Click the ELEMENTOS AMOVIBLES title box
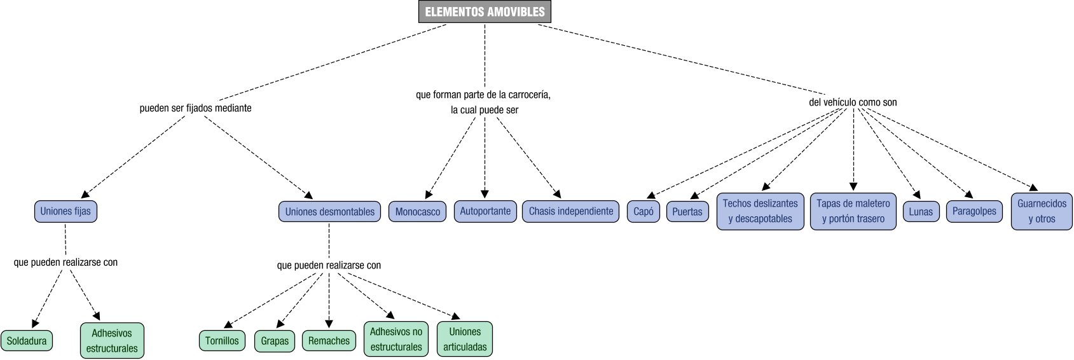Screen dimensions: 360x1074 point(485,12)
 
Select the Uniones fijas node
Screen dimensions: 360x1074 point(65,211)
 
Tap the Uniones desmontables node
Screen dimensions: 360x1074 point(329,211)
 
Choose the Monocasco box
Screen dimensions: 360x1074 point(417,212)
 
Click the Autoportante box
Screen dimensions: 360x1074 point(485,211)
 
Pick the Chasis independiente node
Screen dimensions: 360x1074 point(570,211)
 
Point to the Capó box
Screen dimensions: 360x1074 point(644,212)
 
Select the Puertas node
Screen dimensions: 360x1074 point(687,212)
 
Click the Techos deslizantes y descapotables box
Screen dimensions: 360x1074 point(760,211)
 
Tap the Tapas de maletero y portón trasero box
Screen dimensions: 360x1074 point(853,211)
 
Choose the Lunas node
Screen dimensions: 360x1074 point(920,212)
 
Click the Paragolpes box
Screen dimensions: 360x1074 point(974,211)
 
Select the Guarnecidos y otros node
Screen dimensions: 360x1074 point(1041,211)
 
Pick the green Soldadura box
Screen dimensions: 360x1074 point(27,340)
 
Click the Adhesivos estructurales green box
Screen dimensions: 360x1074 point(112,340)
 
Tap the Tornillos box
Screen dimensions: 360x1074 point(222,340)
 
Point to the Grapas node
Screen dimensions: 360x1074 point(275,340)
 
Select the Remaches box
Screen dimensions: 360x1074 point(329,340)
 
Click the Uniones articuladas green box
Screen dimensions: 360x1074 point(464,339)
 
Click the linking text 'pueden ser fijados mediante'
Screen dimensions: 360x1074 point(195,108)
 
